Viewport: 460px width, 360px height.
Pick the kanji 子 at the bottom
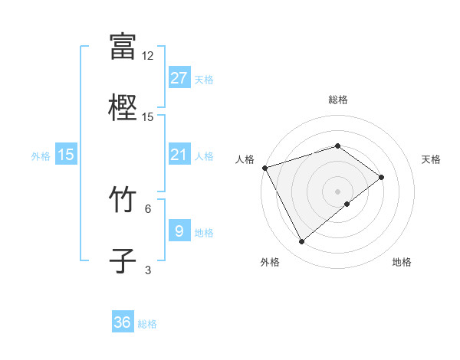click(x=123, y=259)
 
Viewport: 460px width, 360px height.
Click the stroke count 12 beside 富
click(x=148, y=56)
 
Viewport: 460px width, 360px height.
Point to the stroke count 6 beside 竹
click(x=148, y=208)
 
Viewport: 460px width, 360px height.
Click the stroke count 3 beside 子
click(x=148, y=269)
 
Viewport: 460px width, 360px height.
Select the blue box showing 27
click(x=179, y=78)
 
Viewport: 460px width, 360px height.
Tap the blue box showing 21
click(x=179, y=155)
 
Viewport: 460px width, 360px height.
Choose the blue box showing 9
click(x=179, y=231)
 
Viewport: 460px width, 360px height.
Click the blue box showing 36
click(x=123, y=322)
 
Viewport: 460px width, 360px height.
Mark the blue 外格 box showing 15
click(x=65, y=155)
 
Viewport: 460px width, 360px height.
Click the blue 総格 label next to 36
click(x=147, y=324)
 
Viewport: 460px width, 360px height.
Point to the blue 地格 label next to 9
click(x=204, y=233)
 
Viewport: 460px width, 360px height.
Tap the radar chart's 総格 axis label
click(x=338, y=100)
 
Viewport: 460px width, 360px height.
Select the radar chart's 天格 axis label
click(x=432, y=159)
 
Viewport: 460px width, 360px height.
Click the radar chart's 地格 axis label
click(x=402, y=263)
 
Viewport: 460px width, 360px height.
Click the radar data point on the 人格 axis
click(x=264, y=167)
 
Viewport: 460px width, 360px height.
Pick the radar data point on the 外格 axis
click(x=301, y=242)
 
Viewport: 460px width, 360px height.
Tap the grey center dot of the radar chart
click(x=338, y=191)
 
